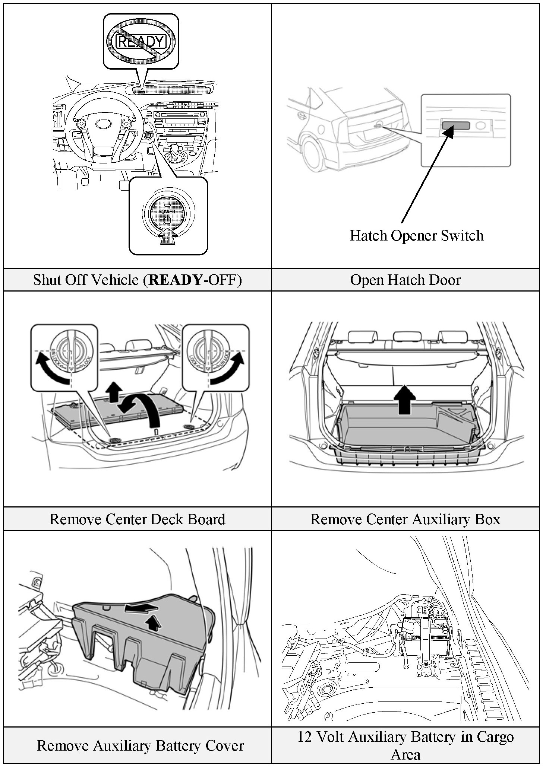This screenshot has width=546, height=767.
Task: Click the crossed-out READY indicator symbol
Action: coord(141,41)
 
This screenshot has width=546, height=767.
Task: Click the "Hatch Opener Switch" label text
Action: coord(416,235)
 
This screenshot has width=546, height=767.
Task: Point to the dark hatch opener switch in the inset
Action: coord(455,125)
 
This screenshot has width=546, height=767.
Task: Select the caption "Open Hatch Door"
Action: coord(405,280)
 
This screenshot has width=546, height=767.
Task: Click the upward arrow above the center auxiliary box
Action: coord(405,400)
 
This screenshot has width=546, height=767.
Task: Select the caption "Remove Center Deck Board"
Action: coord(137,519)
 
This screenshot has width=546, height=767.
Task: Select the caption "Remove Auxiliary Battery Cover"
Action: coord(140,745)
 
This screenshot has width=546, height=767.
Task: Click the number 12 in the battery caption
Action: coord(304,737)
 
